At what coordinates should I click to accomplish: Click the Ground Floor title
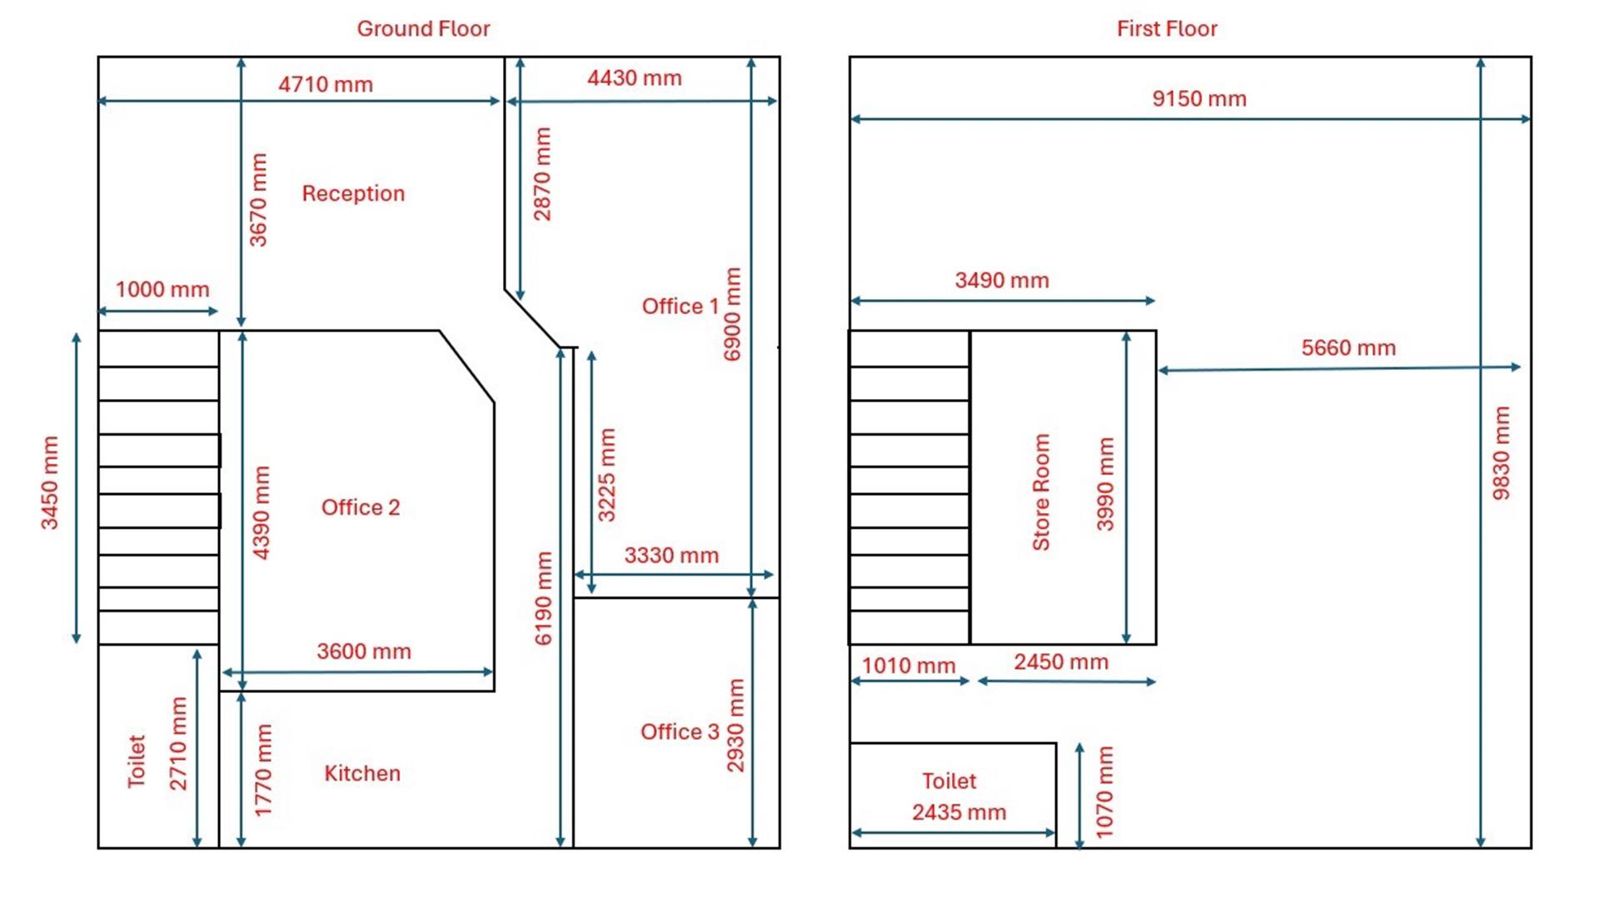[x=423, y=28]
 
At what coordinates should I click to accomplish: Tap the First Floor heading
[x=1167, y=28]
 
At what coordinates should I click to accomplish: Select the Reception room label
[x=353, y=193]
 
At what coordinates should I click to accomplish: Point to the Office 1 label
[x=680, y=306]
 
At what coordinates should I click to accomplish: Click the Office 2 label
[x=361, y=507]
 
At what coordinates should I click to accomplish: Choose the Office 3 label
[x=680, y=731]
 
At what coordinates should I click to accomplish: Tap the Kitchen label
[x=362, y=773]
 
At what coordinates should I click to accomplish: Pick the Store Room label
[x=1041, y=492]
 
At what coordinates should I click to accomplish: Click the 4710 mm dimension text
[x=326, y=84]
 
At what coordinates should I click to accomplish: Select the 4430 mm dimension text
[x=635, y=77]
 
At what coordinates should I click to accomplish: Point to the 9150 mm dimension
[x=1199, y=98]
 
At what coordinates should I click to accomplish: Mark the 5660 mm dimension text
[x=1348, y=347]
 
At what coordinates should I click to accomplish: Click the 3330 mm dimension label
[x=671, y=555]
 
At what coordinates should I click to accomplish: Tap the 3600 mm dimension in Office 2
[x=364, y=651]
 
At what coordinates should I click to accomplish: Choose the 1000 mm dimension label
[x=162, y=289]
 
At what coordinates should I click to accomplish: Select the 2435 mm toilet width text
[x=959, y=811]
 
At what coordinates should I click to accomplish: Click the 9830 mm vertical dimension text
[x=1501, y=453]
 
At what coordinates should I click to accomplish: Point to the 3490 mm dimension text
[x=1002, y=280]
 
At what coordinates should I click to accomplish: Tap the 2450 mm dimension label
[x=1061, y=661]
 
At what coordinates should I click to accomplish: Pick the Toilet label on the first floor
[x=949, y=781]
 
